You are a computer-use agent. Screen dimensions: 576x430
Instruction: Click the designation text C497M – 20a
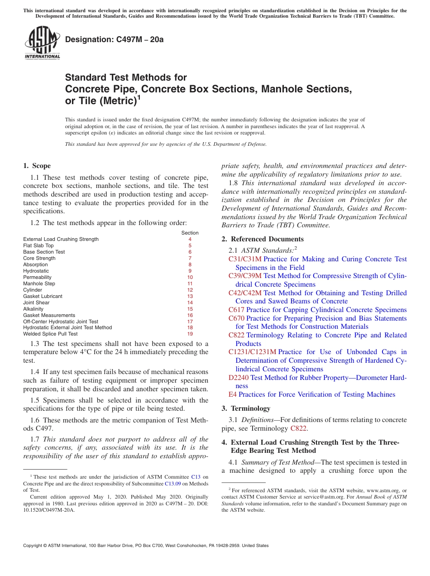pos(114,39)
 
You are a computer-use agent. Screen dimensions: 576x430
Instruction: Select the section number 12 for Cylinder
pos(190,290)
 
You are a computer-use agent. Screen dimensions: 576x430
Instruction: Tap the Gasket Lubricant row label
pos(43,296)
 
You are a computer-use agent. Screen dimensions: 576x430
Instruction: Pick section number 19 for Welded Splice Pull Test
pos(190,334)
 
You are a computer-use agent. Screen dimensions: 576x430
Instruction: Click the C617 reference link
pos(236,310)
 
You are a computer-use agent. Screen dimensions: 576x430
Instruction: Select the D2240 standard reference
pos(238,377)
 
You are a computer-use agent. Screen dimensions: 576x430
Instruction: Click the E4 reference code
pos(233,394)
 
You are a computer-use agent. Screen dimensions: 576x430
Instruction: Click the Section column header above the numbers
pos(190,233)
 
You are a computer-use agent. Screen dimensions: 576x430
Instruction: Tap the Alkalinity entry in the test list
pos(33,309)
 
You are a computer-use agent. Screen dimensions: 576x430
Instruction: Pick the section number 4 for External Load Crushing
pos(190,239)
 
